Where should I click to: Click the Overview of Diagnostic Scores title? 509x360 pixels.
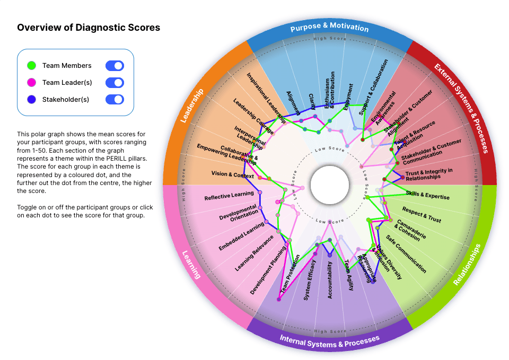click(89, 28)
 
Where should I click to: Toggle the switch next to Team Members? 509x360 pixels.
click(115, 66)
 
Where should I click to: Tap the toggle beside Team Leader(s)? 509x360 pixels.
click(115, 83)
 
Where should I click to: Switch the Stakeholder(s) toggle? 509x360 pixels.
click(115, 100)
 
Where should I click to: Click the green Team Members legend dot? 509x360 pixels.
click(31, 66)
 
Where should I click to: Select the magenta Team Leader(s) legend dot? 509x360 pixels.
click(31, 83)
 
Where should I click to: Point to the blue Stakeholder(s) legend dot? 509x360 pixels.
click(31, 100)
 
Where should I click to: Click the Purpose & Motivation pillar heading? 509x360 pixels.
click(329, 27)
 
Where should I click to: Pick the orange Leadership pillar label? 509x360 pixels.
click(191, 106)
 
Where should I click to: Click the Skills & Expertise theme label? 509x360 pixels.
click(427, 195)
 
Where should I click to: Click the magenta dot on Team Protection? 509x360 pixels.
click(278, 300)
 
